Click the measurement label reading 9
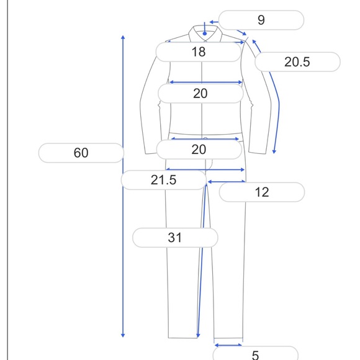[x=261, y=20]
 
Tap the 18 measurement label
[x=199, y=52]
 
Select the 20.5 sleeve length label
[x=297, y=62]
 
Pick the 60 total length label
[x=81, y=153]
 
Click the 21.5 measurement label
[x=164, y=180]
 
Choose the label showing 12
[x=262, y=192]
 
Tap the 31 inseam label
[x=175, y=238]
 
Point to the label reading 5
[x=255, y=354]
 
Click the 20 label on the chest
[x=200, y=94]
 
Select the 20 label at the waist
[x=199, y=150]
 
